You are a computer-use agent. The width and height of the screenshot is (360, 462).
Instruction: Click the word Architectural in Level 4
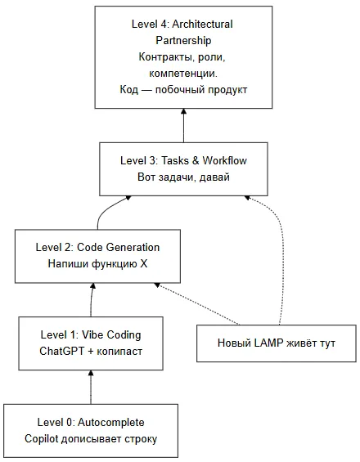coord(202,24)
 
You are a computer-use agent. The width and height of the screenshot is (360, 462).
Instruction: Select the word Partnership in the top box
coord(183,40)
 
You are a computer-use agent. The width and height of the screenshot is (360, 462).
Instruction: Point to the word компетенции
coord(183,74)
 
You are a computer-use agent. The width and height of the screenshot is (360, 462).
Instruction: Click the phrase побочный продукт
coord(201,90)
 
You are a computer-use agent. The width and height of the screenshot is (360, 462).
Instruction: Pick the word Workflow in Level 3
coord(225,160)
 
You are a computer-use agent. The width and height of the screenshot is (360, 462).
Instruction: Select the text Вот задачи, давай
coord(183,177)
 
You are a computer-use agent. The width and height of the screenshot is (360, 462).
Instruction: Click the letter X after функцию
coord(143,263)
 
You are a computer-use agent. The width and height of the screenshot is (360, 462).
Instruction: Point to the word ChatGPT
coord(62,352)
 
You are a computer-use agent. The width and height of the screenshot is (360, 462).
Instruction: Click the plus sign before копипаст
coord(91,352)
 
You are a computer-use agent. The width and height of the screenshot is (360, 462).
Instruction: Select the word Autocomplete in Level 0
coord(111,422)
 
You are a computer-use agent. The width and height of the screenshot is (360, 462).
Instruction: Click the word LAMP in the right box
coord(268,343)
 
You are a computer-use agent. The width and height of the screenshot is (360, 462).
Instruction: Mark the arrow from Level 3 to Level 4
coord(183,126)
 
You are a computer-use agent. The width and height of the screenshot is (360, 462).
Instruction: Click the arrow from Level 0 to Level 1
coord(91,387)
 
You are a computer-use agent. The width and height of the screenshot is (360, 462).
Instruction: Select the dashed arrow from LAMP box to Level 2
coord(197,304)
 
